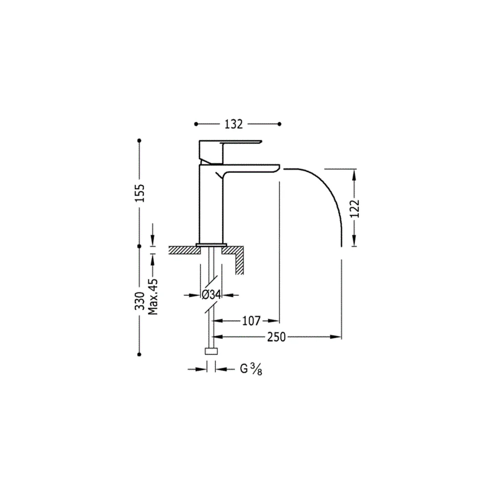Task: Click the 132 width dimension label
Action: [234, 124]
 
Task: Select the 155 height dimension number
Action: [140, 193]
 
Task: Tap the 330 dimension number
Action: [140, 301]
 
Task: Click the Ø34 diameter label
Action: [211, 295]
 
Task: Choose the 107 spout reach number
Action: [251, 321]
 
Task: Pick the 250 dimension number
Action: [277, 337]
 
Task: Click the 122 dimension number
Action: [355, 208]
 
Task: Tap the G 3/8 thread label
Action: [251, 369]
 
